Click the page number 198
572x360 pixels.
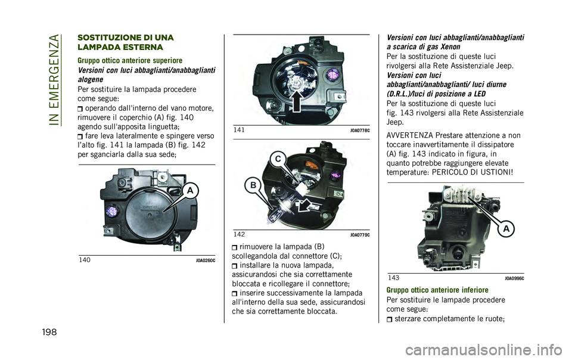(49, 332)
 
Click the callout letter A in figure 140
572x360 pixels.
(190, 191)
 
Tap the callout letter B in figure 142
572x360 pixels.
(253, 185)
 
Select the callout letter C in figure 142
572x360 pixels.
(278, 159)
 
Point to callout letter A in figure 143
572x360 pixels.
(506, 229)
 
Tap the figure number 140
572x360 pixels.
(85, 260)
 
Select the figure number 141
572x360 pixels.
(239, 130)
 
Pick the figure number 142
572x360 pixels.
(239, 234)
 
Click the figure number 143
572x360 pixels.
(393, 278)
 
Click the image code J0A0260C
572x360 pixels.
(206, 261)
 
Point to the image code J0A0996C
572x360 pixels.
(514, 279)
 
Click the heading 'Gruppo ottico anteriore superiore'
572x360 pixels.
(130, 60)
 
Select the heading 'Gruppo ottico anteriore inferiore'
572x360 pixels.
(437, 290)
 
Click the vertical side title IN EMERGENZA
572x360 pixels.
(54, 79)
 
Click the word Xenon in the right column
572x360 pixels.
(450, 46)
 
